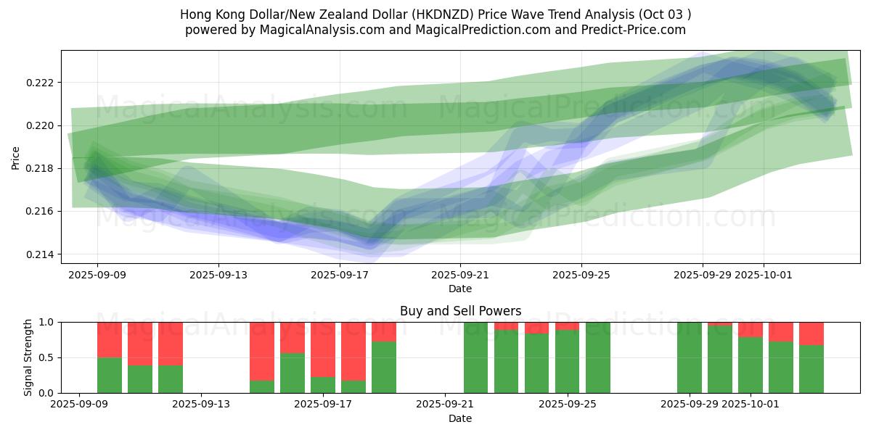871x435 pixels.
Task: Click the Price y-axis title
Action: pos(15,157)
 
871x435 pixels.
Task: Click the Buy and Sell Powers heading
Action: pos(460,311)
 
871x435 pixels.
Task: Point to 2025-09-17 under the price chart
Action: pos(340,275)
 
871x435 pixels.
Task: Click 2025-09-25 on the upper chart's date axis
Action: pos(581,275)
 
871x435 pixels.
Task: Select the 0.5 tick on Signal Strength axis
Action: pos(48,357)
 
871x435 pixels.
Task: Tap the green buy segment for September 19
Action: pos(384,367)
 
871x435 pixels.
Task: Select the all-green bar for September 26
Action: pos(597,357)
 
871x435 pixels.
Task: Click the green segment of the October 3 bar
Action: pos(811,369)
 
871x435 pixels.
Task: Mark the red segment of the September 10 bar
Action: pos(110,339)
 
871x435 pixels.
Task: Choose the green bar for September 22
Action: pos(475,357)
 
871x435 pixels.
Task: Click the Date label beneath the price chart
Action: pos(460,289)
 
